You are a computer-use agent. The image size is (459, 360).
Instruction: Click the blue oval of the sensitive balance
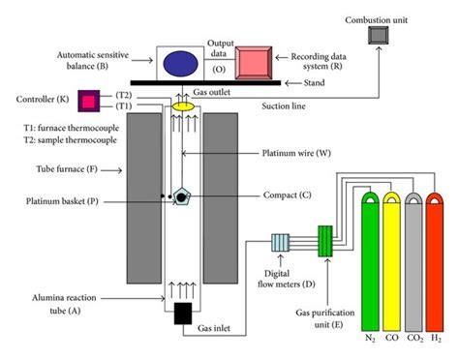tap(180, 60)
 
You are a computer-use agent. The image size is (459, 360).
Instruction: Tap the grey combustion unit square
tap(378, 36)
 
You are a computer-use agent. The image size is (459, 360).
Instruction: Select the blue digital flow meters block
tap(288, 243)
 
